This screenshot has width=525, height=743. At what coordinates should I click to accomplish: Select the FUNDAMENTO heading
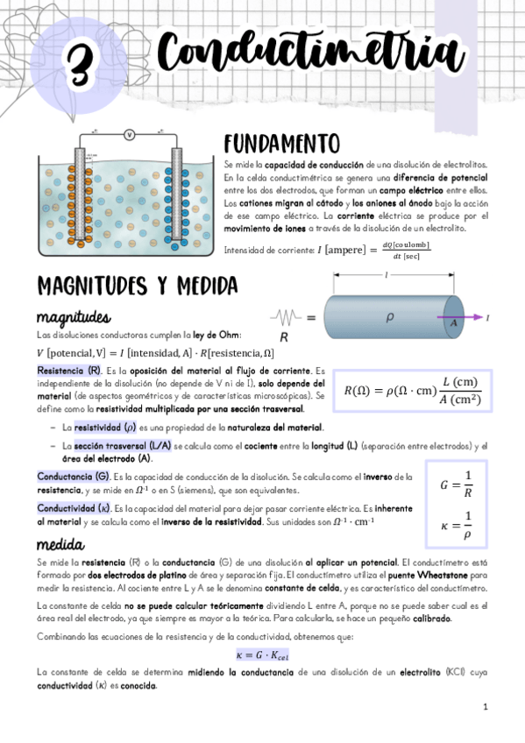(280, 143)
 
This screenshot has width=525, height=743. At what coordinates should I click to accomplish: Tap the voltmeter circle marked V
(130, 134)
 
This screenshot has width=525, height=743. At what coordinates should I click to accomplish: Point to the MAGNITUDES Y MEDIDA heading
(137, 286)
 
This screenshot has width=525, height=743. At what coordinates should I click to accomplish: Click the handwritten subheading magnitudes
(74, 315)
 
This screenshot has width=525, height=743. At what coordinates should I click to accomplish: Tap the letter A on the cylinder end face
(454, 322)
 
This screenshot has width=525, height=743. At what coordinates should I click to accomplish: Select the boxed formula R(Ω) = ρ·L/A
(412, 392)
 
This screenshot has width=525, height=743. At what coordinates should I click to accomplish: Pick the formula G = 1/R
(456, 484)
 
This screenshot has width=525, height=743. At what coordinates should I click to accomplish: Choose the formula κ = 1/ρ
(456, 524)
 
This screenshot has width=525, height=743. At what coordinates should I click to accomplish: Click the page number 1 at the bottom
(484, 706)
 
